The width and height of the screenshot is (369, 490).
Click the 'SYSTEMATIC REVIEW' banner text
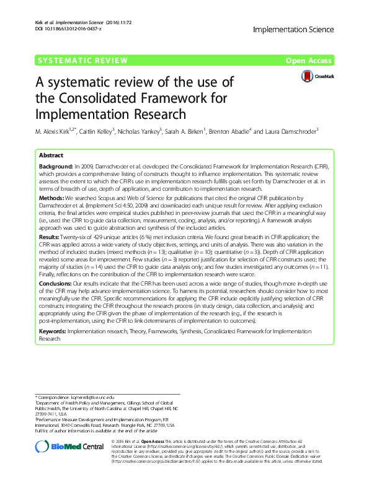83,60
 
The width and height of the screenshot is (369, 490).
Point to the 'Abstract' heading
51,155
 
